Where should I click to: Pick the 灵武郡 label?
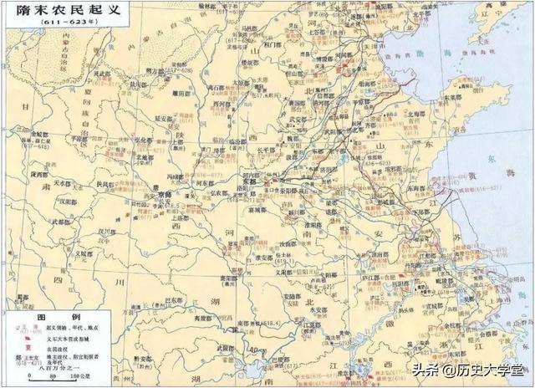[103, 73]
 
